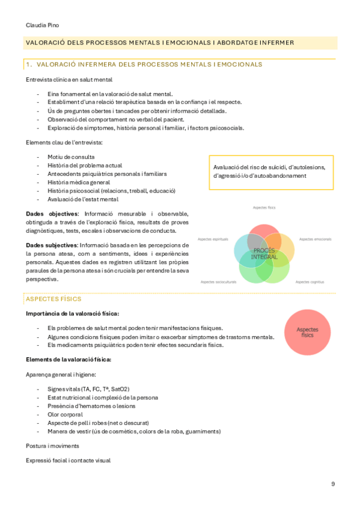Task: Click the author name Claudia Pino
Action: (42, 25)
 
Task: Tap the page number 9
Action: (333, 484)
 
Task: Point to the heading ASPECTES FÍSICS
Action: (53, 298)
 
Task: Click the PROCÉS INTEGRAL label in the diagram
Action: (264, 253)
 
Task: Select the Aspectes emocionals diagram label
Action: (315, 239)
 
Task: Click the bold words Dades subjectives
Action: (52, 245)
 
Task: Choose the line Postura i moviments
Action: (53, 446)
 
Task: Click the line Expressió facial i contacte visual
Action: (68, 460)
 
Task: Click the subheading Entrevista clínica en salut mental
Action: (69, 79)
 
